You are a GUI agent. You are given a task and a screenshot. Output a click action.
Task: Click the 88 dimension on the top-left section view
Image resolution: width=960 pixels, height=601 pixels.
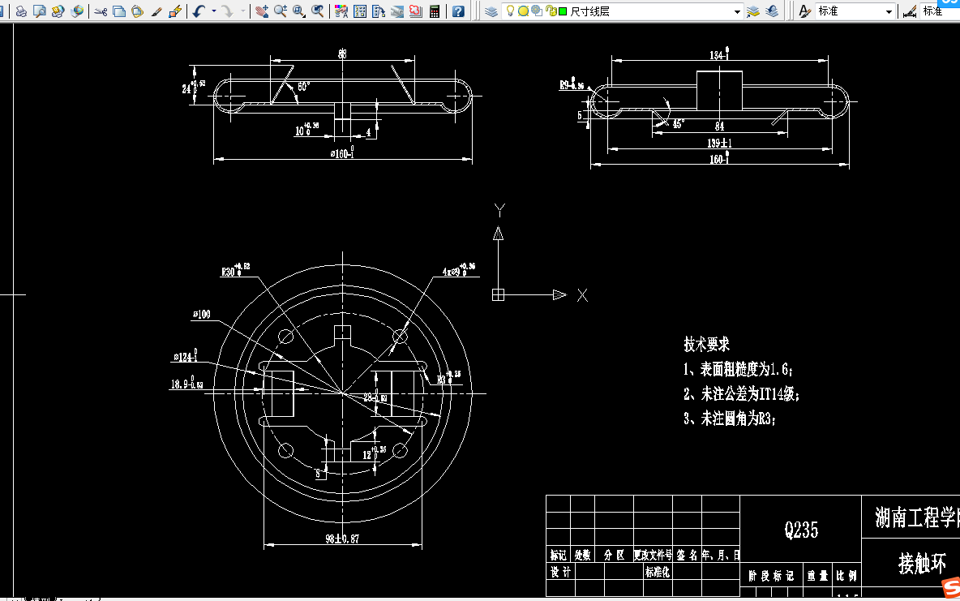[342, 54]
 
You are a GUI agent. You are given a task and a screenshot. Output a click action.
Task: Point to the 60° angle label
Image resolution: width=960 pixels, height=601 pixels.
[303, 85]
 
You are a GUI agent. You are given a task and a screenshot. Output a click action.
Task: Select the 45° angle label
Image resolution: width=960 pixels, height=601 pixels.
[678, 124]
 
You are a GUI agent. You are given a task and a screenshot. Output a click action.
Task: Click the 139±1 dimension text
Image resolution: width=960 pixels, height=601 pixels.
[719, 143]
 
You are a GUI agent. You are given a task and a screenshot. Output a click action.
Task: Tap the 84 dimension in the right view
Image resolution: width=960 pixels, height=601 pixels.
[719, 126]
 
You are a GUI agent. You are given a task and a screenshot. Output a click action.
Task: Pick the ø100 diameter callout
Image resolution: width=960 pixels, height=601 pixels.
[201, 315]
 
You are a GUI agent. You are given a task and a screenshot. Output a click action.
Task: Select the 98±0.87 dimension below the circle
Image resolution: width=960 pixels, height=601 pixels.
[341, 539]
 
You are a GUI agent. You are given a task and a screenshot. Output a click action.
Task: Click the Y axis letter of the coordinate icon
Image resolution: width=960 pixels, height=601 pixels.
[499, 211]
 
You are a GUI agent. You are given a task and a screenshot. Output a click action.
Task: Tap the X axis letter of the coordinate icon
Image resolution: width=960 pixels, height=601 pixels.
[582, 295]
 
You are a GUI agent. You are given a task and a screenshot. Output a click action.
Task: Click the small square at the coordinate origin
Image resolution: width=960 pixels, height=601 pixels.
[498, 295]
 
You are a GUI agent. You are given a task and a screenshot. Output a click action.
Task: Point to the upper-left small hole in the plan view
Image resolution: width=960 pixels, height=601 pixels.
[285, 336]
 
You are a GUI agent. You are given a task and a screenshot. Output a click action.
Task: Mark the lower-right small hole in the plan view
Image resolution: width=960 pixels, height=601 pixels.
[400, 450]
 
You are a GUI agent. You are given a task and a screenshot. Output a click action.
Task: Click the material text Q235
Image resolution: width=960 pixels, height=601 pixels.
[801, 530]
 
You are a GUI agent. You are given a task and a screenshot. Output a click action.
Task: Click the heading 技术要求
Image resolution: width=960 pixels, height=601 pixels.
[706, 345]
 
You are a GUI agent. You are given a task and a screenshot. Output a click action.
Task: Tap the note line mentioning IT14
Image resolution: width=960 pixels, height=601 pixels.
[741, 395]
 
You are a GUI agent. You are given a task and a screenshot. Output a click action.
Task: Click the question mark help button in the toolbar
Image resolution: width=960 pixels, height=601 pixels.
[458, 11]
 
